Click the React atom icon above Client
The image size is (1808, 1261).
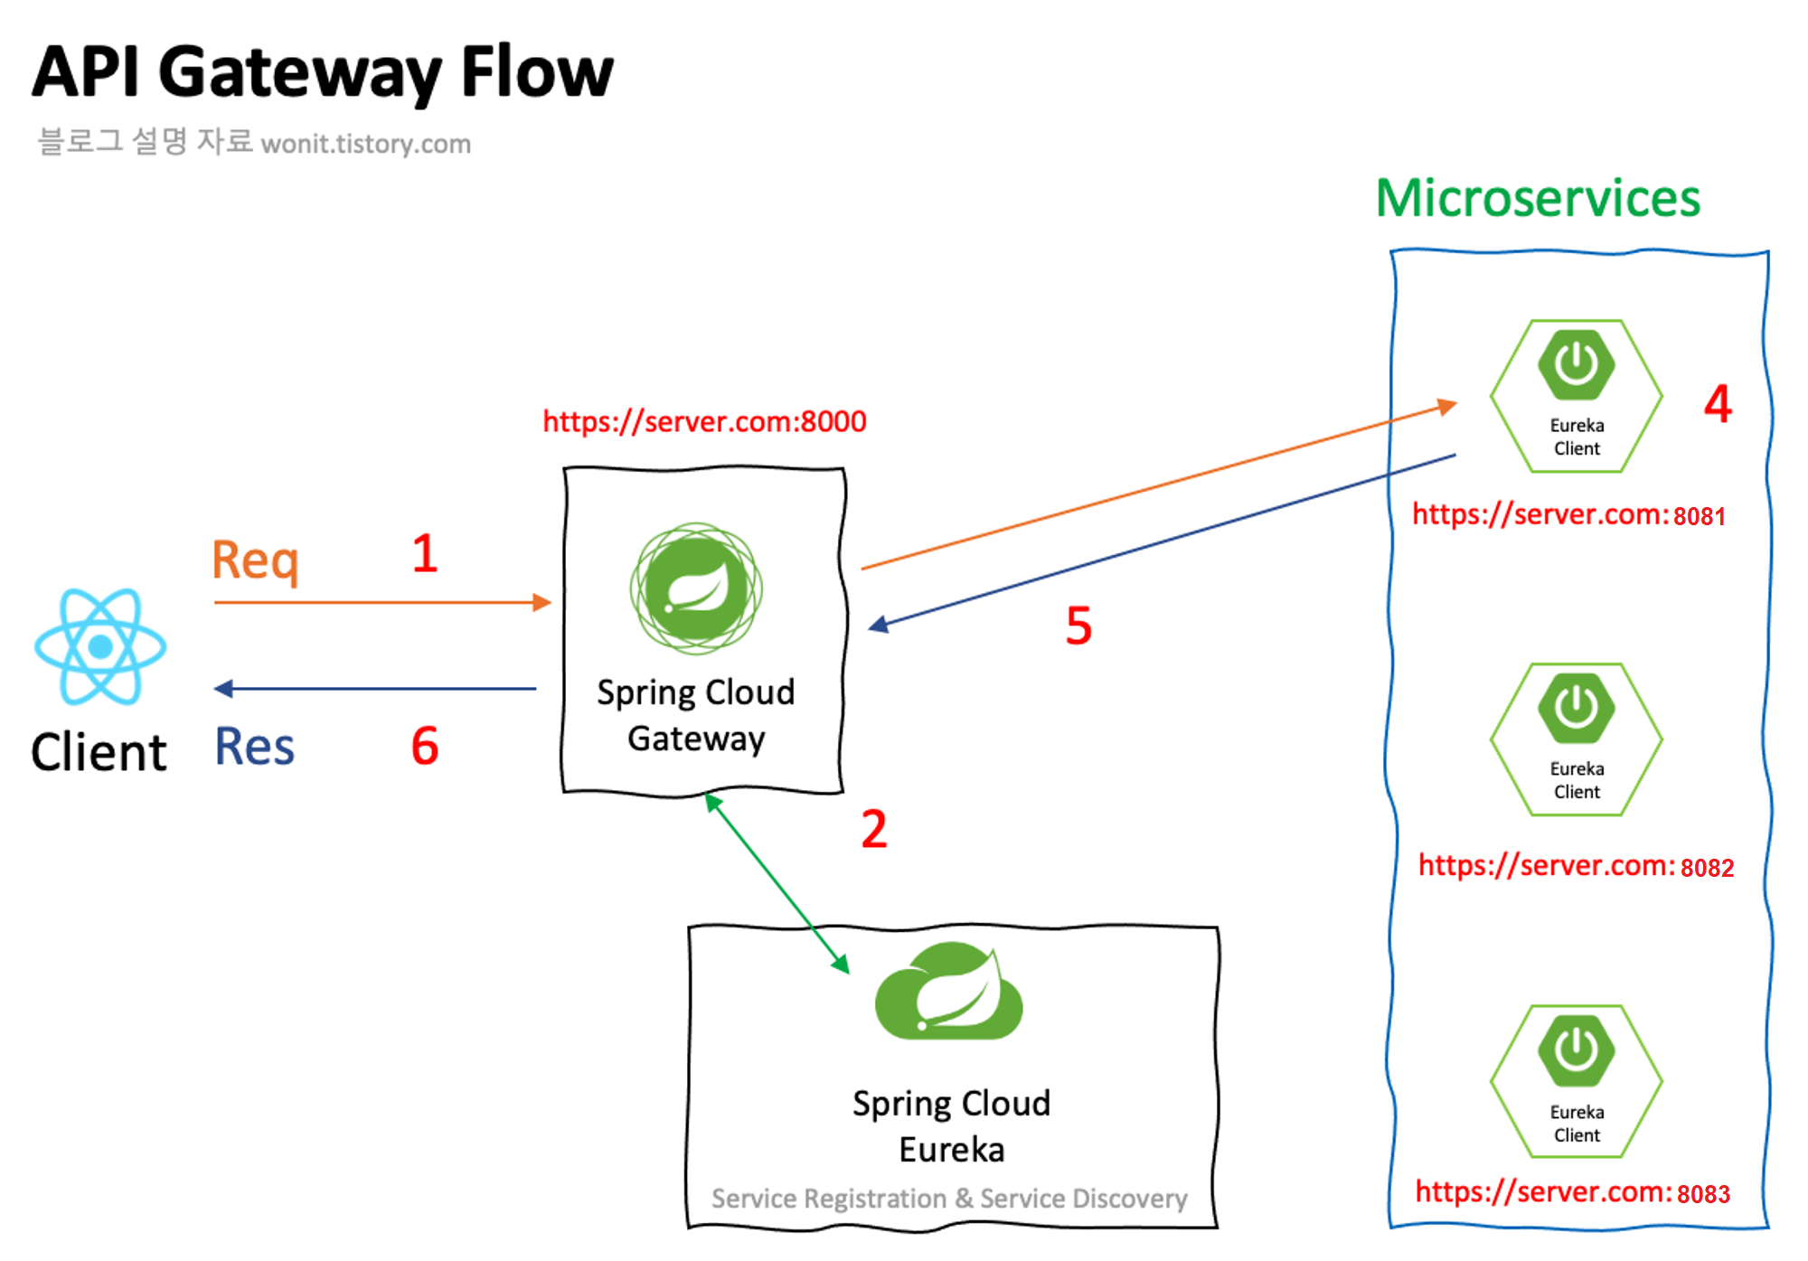click(x=100, y=646)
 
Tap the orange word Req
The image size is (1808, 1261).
click(x=255, y=560)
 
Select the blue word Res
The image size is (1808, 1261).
click(x=255, y=747)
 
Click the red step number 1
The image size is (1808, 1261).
click(x=425, y=554)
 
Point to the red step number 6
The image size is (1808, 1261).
click(x=425, y=747)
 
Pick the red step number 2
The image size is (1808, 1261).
click(x=873, y=830)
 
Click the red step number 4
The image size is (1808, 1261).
click(x=1718, y=404)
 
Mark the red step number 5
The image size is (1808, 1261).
click(x=1078, y=626)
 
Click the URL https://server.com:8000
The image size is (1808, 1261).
click(x=704, y=421)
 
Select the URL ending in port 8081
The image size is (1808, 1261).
click(x=1569, y=515)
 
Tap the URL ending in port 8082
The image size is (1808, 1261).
click(x=1576, y=866)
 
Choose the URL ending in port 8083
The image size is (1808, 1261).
click(x=1572, y=1192)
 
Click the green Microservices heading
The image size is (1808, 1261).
click(x=1538, y=198)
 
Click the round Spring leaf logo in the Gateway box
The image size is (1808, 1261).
click(x=696, y=588)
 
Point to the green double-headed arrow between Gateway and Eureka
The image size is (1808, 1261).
click(x=777, y=884)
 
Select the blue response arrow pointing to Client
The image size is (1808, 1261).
click(x=375, y=689)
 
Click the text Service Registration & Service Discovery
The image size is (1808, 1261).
click(x=949, y=1199)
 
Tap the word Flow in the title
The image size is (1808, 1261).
click(x=537, y=72)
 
